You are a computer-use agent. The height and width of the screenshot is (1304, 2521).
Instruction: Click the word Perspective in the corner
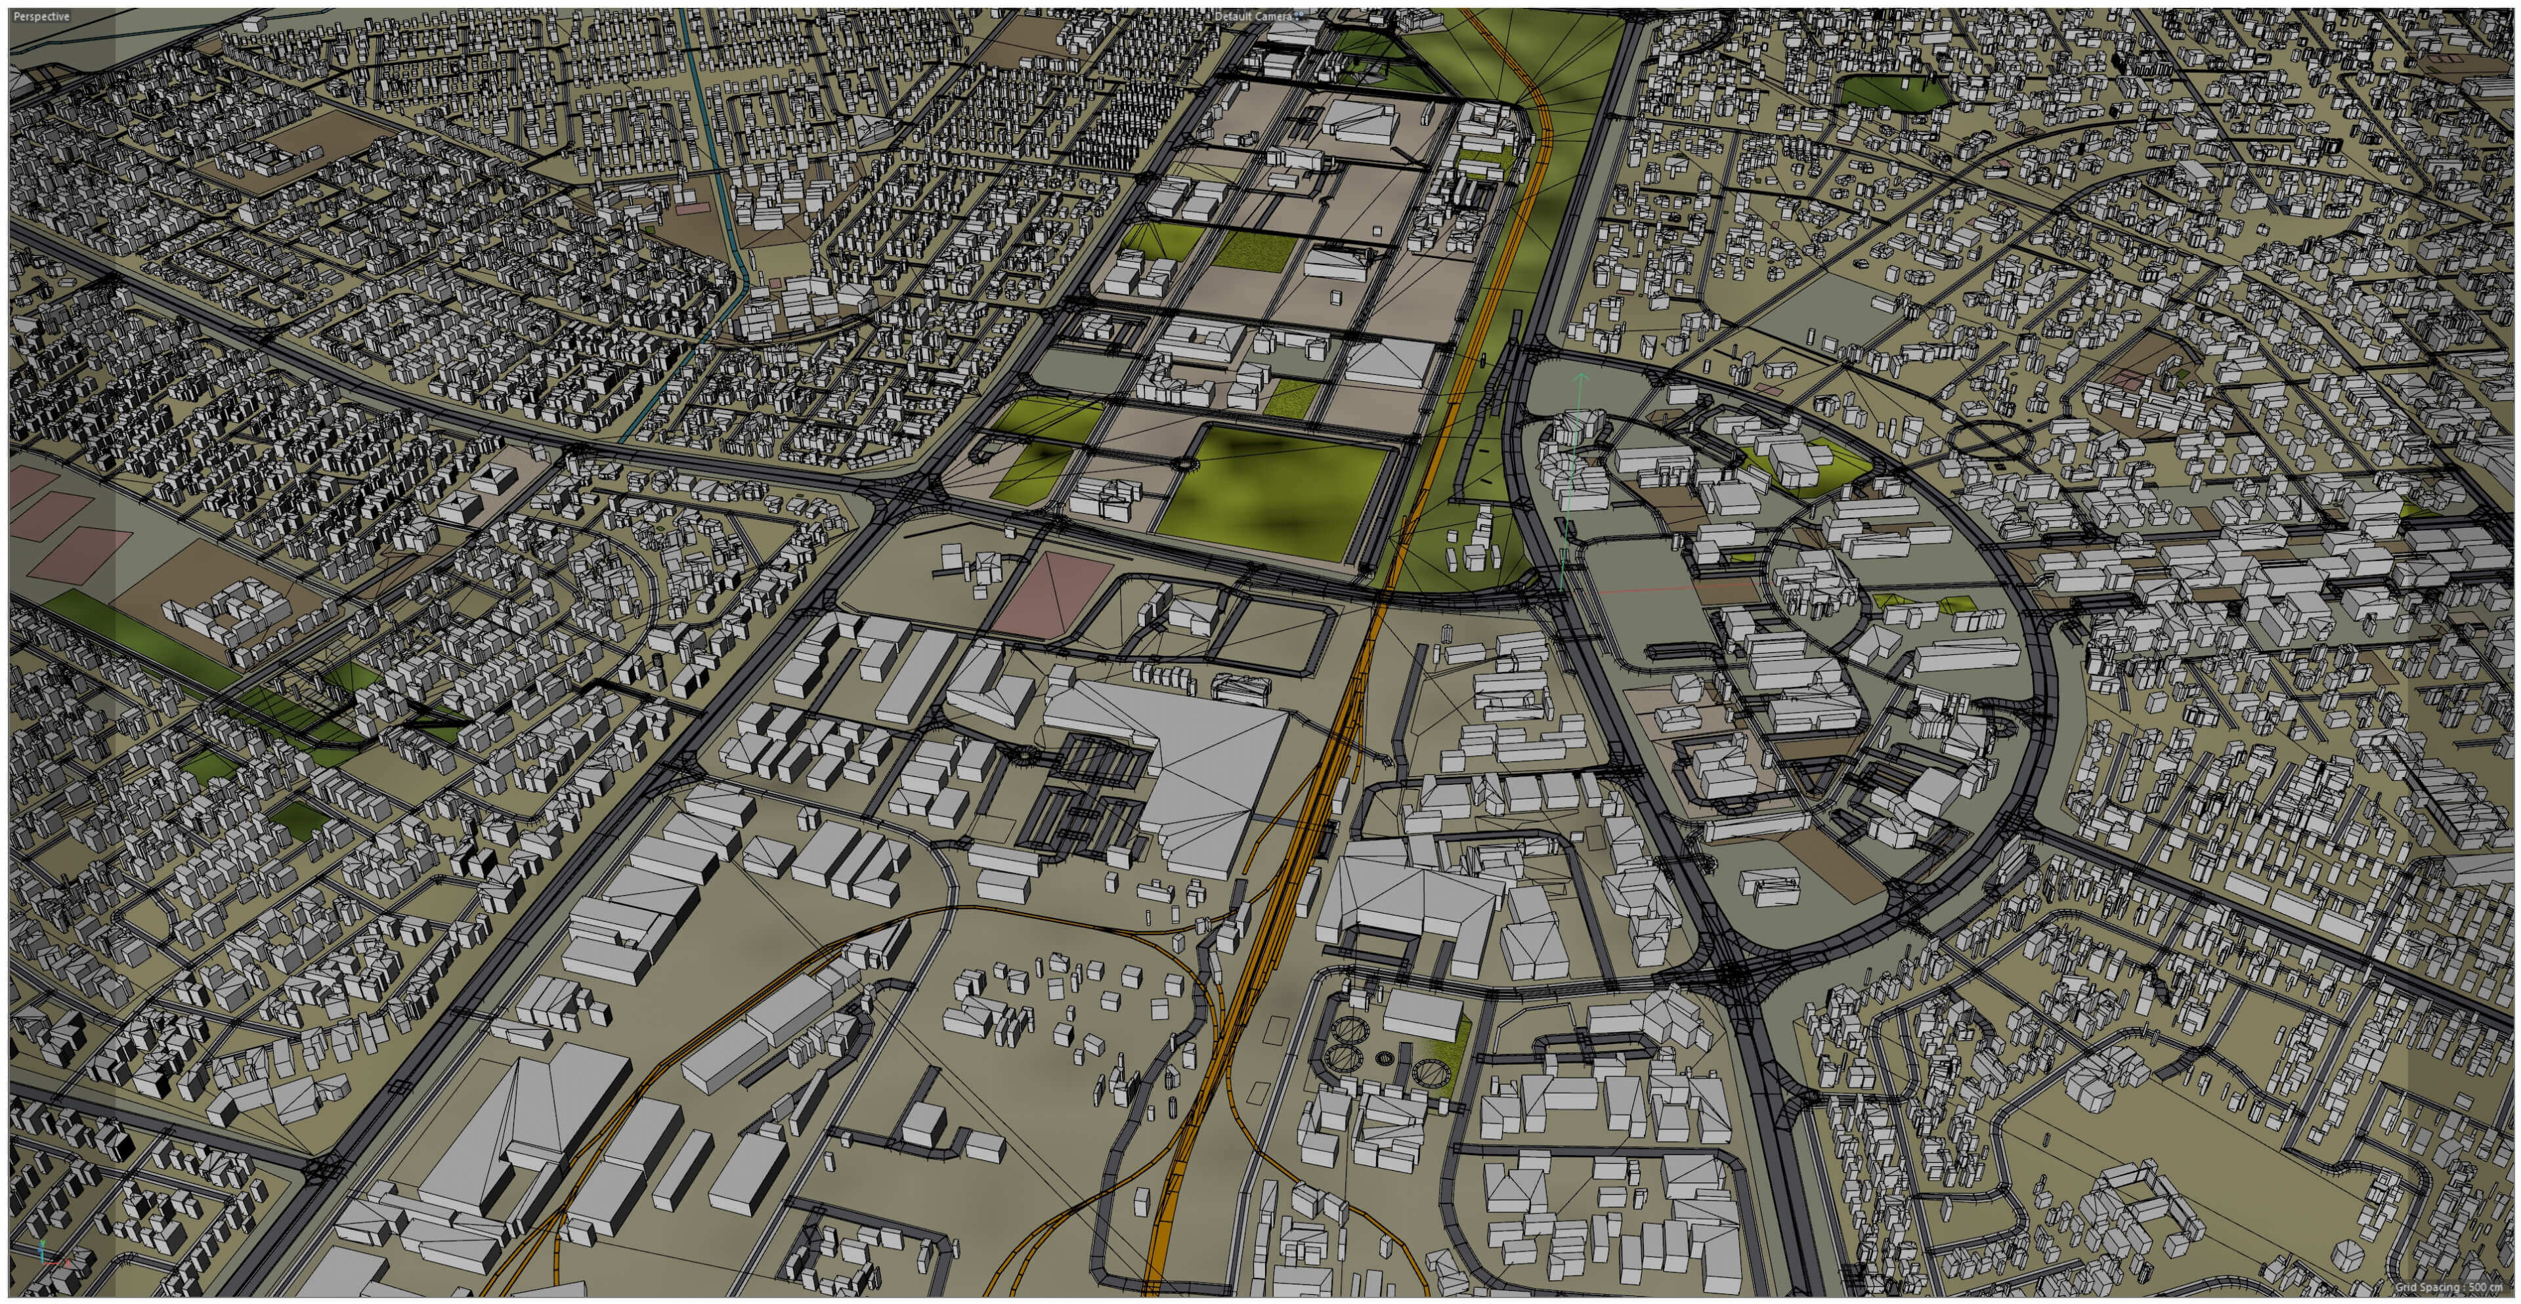tap(41, 16)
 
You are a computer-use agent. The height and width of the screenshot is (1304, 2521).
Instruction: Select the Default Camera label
tap(1252, 16)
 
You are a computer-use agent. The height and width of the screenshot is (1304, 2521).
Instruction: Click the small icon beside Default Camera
tap(1300, 16)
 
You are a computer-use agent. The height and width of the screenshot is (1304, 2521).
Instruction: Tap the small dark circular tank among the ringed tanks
tap(1384, 1057)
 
